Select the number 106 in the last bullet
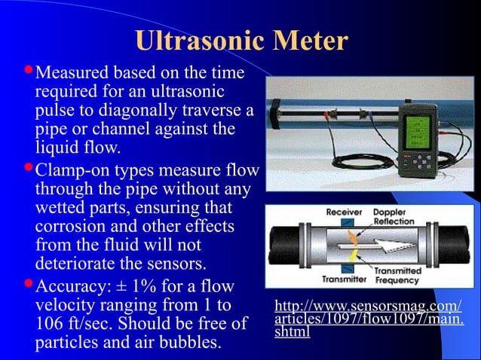pyautogui.click(x=50, y=325)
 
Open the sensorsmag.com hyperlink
pyautogui.click(x=368, y=319)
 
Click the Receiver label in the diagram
pyautogui.click(x=344, y=212)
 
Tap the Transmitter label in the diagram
pyautogui.click(x=345, y=279)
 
